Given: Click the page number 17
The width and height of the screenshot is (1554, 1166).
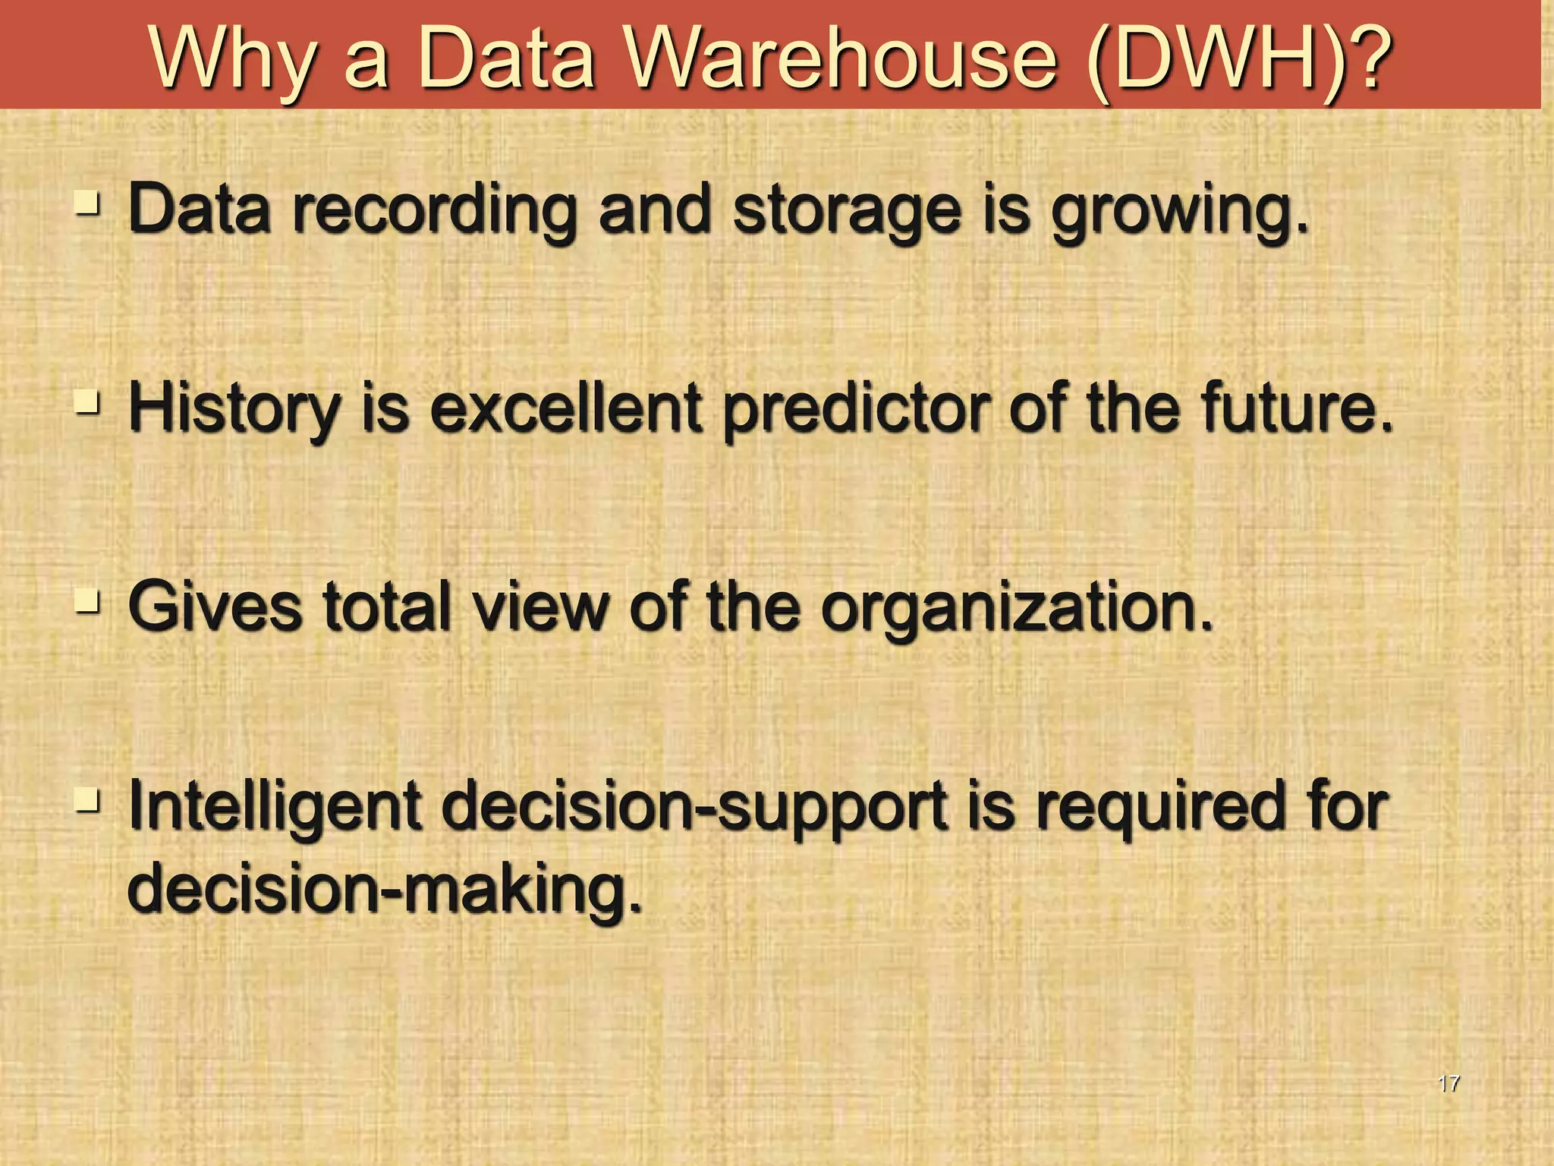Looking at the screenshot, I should click(x=1448, y=1083).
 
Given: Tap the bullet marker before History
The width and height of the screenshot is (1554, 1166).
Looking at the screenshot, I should click(x=88, y=403).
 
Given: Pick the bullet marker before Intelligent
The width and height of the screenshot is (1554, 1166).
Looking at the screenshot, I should click(x=88, y=800).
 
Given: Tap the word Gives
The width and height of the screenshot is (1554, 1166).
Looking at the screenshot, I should click(x=215, y=607).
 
